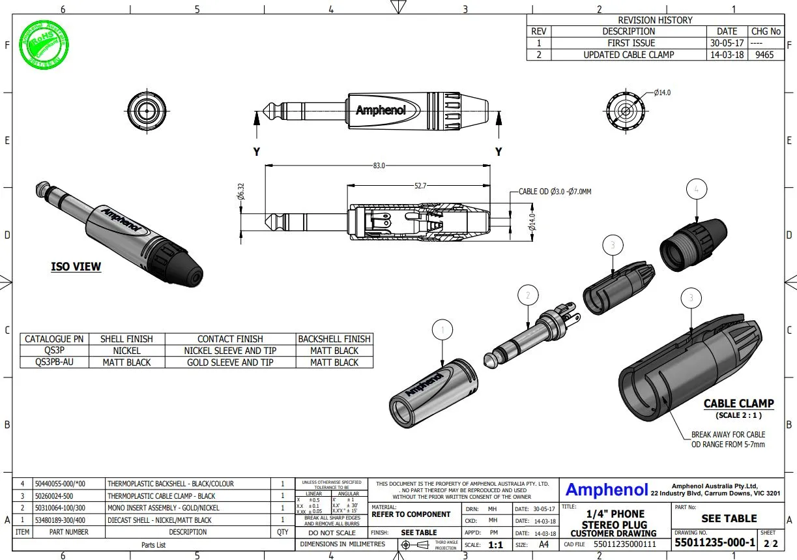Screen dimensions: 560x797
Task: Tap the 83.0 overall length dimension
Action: (x=379, y=166)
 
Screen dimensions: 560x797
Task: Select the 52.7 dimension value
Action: (x=420, y=186)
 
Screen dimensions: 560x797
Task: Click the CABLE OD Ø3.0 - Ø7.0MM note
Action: (x=555, y=192)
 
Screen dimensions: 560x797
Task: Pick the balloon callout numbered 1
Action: (x=442, y=331)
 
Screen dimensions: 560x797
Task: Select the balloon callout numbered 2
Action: (x=528, y=295)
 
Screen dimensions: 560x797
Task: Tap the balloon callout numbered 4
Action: (x=697, y=189)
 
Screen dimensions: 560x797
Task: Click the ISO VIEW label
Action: (x=76, y=267)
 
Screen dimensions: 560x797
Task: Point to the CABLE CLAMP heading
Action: (x=738, y=404)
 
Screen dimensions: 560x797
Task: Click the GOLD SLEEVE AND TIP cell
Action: (x=230, y=362)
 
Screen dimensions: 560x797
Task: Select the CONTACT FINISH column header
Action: (x=230, y=339)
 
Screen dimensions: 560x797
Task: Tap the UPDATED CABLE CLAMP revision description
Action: (x=628, y=55)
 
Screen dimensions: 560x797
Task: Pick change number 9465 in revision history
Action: (x=764, y=55)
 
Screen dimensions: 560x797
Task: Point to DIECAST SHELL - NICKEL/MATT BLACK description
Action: (x=159, y=520)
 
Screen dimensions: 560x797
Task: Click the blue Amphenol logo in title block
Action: (x=606, y=490)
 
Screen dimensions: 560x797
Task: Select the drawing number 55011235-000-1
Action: (x=714, y=542)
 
